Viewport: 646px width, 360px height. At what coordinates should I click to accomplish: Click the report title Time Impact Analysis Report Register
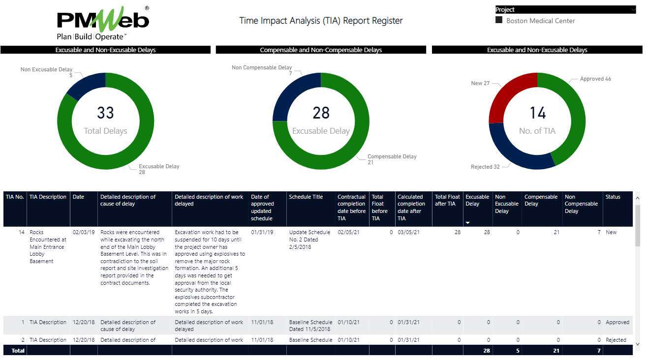(321, 21)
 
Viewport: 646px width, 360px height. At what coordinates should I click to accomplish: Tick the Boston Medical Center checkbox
(499, 20)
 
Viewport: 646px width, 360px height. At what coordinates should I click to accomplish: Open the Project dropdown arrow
(632, 9)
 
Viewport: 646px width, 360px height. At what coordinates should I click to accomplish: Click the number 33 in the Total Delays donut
(105, 113)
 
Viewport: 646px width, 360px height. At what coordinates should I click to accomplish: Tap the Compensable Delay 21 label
(392, 159)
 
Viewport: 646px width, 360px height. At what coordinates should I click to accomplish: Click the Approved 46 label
(595, 79)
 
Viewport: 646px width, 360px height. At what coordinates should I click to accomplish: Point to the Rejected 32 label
(485, 167)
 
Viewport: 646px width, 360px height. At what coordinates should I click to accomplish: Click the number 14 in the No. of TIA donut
(537, 113)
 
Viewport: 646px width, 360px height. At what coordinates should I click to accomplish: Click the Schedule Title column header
(306, 197)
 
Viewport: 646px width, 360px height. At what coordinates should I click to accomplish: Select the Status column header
(613, 197)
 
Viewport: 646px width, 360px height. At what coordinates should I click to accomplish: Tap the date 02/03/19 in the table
(84, 232)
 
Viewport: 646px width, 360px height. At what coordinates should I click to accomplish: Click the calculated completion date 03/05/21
(408, 232)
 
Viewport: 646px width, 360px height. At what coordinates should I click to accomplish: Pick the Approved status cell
(617, 322)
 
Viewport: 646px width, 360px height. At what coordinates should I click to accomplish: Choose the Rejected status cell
(615, 340)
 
